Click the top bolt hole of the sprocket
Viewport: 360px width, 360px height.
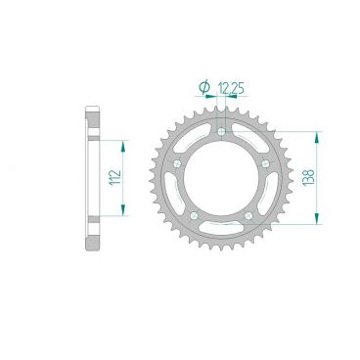click(223, 130)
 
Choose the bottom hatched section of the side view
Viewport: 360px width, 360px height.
click(93, 235)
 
